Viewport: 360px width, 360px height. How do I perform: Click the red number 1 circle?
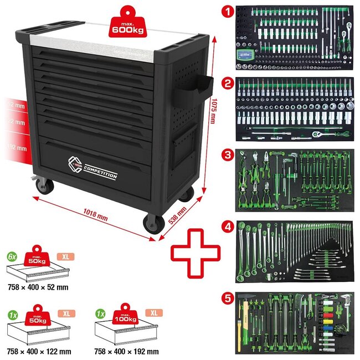click(225, 10)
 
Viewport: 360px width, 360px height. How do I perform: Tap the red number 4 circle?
click(225, 225)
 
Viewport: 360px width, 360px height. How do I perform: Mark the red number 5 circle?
click(225, 297)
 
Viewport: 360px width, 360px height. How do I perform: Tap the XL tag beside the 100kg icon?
click(152, 313)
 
